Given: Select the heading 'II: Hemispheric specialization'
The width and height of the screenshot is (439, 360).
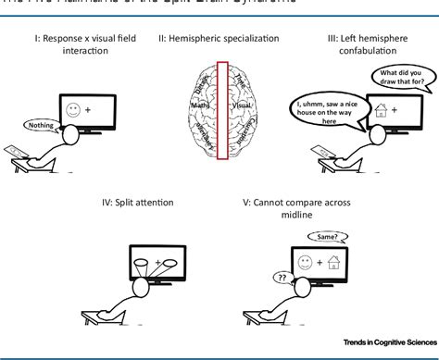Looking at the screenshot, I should coord(219,40).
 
